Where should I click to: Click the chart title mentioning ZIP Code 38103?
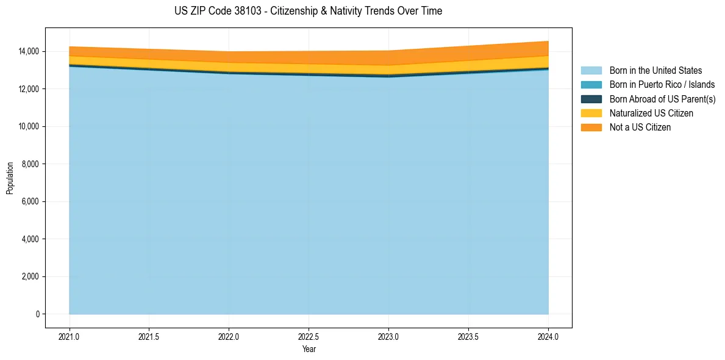308,11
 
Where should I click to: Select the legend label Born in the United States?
655,71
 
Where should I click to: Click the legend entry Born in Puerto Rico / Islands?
662,85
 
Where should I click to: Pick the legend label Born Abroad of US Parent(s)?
662,99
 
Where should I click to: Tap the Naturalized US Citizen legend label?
651,113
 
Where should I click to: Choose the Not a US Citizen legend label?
640,128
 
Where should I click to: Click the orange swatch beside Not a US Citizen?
591,128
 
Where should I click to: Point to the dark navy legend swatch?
591,99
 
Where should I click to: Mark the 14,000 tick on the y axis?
29,51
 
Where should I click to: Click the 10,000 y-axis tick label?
29,126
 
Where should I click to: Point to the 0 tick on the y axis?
37,314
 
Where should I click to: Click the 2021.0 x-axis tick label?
69,336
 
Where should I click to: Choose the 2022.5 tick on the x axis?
309,336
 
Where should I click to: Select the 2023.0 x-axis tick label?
388,336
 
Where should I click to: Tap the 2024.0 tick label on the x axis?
548,336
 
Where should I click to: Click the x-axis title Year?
309,349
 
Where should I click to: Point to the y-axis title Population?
10,178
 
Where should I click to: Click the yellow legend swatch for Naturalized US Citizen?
591,113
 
